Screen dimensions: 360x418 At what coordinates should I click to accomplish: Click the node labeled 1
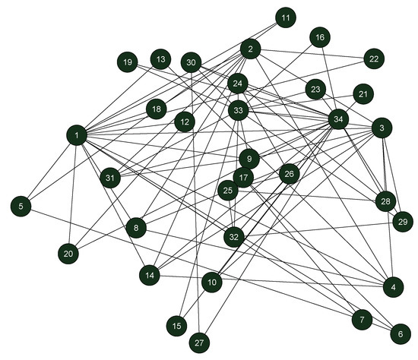click(78, 136)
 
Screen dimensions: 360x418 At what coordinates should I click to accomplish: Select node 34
click(338, 118)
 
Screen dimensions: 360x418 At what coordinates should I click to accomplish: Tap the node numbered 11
click(285, 17)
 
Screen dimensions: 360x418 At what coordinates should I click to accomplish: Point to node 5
click(22, 205)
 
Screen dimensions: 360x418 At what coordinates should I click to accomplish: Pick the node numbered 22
click(373, 58)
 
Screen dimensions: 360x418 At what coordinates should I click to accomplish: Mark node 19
click(128, 62)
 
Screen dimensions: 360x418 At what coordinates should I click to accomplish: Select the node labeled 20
click(68, 254)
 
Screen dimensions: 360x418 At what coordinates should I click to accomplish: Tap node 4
click(392, 287)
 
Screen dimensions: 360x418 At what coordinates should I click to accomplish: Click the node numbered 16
click(320, 36)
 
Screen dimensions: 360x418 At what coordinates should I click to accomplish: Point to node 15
click(176, 326)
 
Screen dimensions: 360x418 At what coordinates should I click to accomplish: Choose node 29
click(402, 222)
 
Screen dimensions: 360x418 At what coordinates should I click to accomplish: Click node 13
click(160, 58)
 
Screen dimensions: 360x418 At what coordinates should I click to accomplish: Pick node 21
click(363, 94)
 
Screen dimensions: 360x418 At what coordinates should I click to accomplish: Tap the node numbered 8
click(136, 227)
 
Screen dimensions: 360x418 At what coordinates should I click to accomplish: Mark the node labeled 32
click(235, 237)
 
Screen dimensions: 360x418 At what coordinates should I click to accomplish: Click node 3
click(382, 129)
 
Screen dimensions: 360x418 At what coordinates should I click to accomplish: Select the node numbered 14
click(150, 274)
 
